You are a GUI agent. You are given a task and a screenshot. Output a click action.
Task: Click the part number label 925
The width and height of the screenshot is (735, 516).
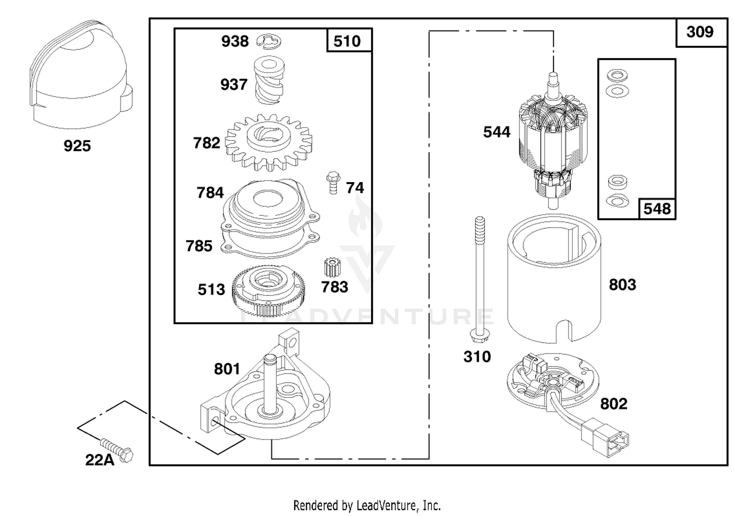77,146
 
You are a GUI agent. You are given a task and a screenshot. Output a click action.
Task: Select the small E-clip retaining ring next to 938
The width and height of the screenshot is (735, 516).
269,42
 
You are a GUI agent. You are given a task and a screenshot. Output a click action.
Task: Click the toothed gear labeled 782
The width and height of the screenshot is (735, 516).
269,142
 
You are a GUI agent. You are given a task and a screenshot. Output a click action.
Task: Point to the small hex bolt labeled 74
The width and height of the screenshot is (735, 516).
333,183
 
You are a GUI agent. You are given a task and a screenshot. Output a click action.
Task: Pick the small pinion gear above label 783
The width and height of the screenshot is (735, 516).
332,267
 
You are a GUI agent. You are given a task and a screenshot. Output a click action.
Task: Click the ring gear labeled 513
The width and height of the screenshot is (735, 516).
269,290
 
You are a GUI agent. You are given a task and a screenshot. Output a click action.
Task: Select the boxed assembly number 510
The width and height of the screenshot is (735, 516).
347,42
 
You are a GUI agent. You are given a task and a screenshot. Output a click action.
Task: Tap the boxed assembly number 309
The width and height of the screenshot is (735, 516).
700,32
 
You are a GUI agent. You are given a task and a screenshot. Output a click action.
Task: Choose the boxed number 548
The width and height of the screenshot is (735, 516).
657,209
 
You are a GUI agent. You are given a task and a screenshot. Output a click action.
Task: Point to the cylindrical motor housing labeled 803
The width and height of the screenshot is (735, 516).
554,279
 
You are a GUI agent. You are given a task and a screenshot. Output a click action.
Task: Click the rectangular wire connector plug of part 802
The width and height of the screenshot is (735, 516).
605,438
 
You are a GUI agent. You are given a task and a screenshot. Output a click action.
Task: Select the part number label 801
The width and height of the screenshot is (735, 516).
227,369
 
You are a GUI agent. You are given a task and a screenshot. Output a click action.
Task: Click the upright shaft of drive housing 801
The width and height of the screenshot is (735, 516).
269,383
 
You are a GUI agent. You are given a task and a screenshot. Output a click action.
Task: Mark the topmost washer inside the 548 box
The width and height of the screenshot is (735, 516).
617,75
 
